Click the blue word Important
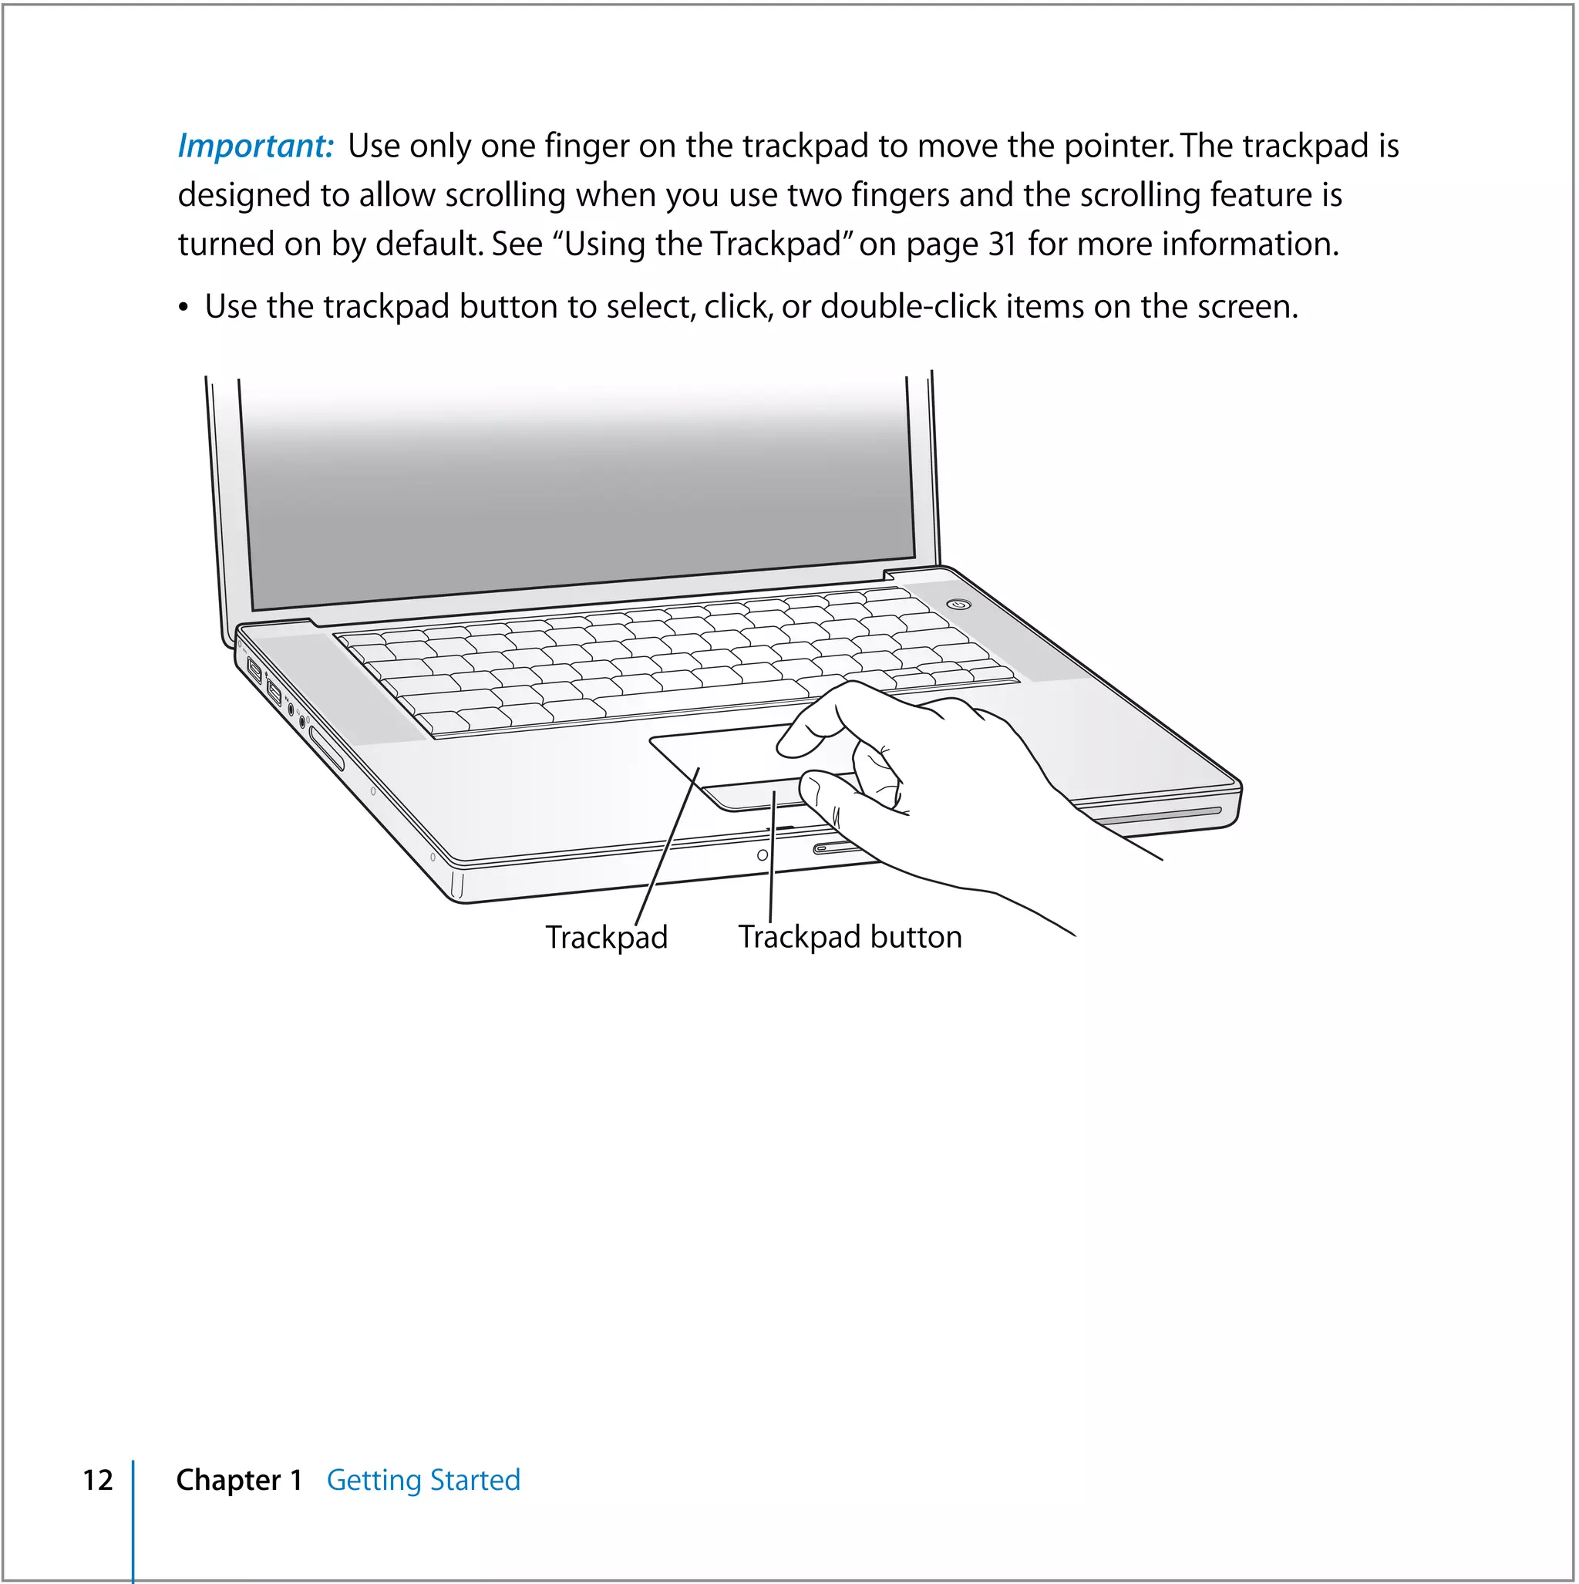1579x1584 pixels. click(255, 147)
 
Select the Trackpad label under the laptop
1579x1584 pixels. click(607, 937)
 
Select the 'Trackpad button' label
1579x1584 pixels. click(850, 937)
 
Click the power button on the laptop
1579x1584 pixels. click(959, 605)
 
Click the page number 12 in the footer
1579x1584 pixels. click(98, 1480)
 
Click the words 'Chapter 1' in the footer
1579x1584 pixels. click(239, 1480)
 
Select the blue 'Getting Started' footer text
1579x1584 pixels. click(423, 1480)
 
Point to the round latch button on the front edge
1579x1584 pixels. click(763, 855)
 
